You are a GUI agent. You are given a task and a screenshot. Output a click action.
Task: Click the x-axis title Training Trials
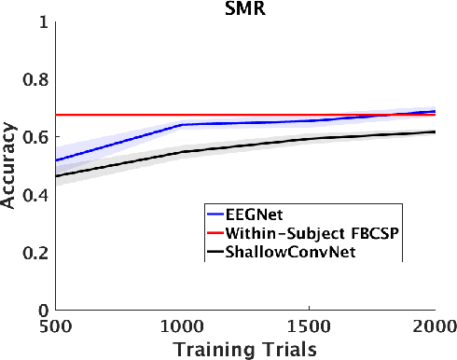point(245,349)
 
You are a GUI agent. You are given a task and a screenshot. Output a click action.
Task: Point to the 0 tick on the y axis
point(41,310)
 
